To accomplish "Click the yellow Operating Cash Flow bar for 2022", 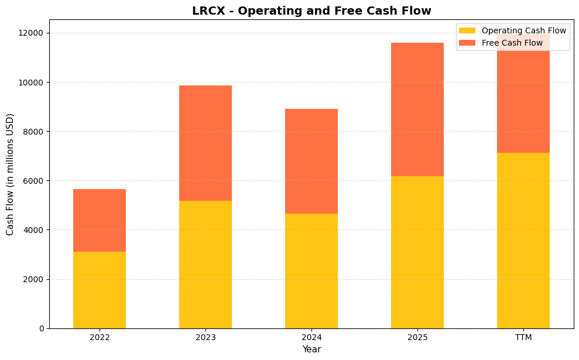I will (100, 290).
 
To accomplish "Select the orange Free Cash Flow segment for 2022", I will (100, 220).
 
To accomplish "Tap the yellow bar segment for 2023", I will (205, 264).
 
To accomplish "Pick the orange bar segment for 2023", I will (205, 143).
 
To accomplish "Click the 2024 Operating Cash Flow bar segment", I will (311, 270).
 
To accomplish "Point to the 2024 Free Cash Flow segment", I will (311, 161).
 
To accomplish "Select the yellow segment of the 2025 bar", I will (417, 252).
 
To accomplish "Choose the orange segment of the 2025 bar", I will (417, 109).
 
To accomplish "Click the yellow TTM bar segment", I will (523, 240).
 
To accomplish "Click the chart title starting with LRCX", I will (311, 11).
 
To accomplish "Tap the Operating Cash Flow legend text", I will (523, 30).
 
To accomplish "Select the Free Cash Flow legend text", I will (512, 43).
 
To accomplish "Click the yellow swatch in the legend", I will (467, 30).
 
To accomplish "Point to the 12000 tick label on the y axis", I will (32, 33).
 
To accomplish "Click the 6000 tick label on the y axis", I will (35, 180).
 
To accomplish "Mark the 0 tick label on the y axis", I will (42, 328).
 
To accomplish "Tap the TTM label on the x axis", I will (523, 338).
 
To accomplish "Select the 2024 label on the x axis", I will (311, 338).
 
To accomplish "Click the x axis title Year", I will (311, 349).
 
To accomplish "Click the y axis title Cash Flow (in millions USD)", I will (10, 174).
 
